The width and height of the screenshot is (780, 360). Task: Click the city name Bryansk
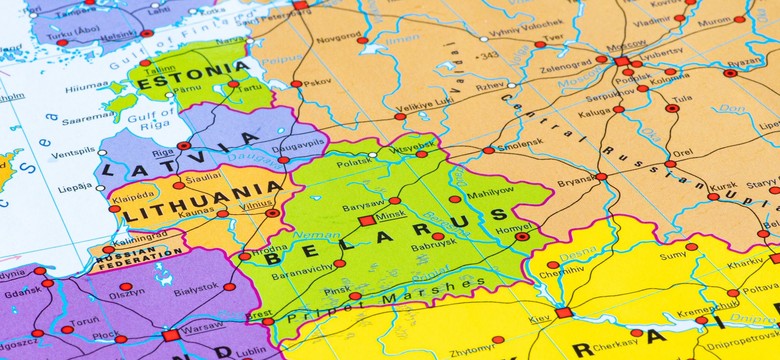point(576,182)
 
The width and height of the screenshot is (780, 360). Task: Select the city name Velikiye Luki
point(426,107)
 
